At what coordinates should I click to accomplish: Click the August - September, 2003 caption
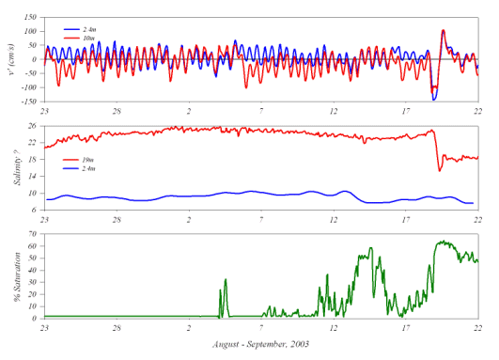click(261, 344)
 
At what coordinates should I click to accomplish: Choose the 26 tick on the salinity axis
click(32, 126)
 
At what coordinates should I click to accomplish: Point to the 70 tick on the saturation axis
click(32, 234)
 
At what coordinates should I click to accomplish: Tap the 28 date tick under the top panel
click(117, 111)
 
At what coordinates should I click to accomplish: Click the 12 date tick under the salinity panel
click(334, 219)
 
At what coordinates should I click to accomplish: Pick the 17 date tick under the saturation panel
click(406, 328)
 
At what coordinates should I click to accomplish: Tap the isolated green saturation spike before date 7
click(226, 280)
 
